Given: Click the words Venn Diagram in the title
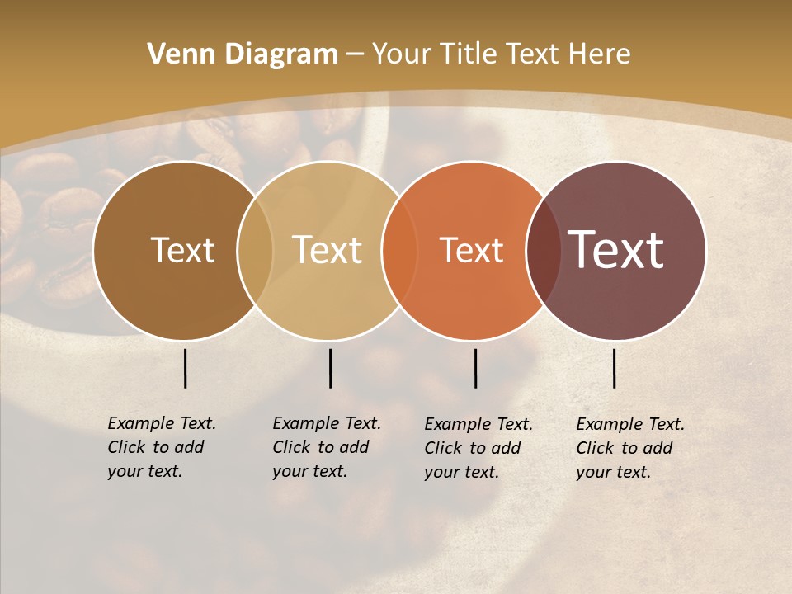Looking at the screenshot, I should (x=242, y=54).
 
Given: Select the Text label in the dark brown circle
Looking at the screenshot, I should (x=182, y=250).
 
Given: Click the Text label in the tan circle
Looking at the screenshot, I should (x=328, y=250).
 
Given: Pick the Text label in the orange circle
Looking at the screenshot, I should (x=472, y=250).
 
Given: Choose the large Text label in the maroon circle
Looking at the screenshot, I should (x=616, y=250).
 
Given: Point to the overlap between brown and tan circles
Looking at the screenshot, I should (x=255, y=250).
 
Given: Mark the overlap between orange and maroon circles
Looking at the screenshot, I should (x=544, y=250).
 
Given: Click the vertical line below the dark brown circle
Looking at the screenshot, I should (x=185, y=368).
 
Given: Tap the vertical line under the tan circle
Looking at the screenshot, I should (x=330, y=368).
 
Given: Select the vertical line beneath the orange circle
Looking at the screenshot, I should (x=475, y=368).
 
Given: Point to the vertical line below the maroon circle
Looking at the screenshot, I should (x=614, y=368).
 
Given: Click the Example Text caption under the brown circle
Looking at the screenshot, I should (x=161, y=447).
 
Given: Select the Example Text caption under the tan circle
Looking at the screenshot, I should (x=326, y=447).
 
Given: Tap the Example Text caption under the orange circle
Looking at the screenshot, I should (x=478, y=448).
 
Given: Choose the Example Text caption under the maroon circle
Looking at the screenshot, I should (x=629, y=448).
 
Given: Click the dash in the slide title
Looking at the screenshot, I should (x=355, y=55).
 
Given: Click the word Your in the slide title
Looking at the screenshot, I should (x=402, y=54).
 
